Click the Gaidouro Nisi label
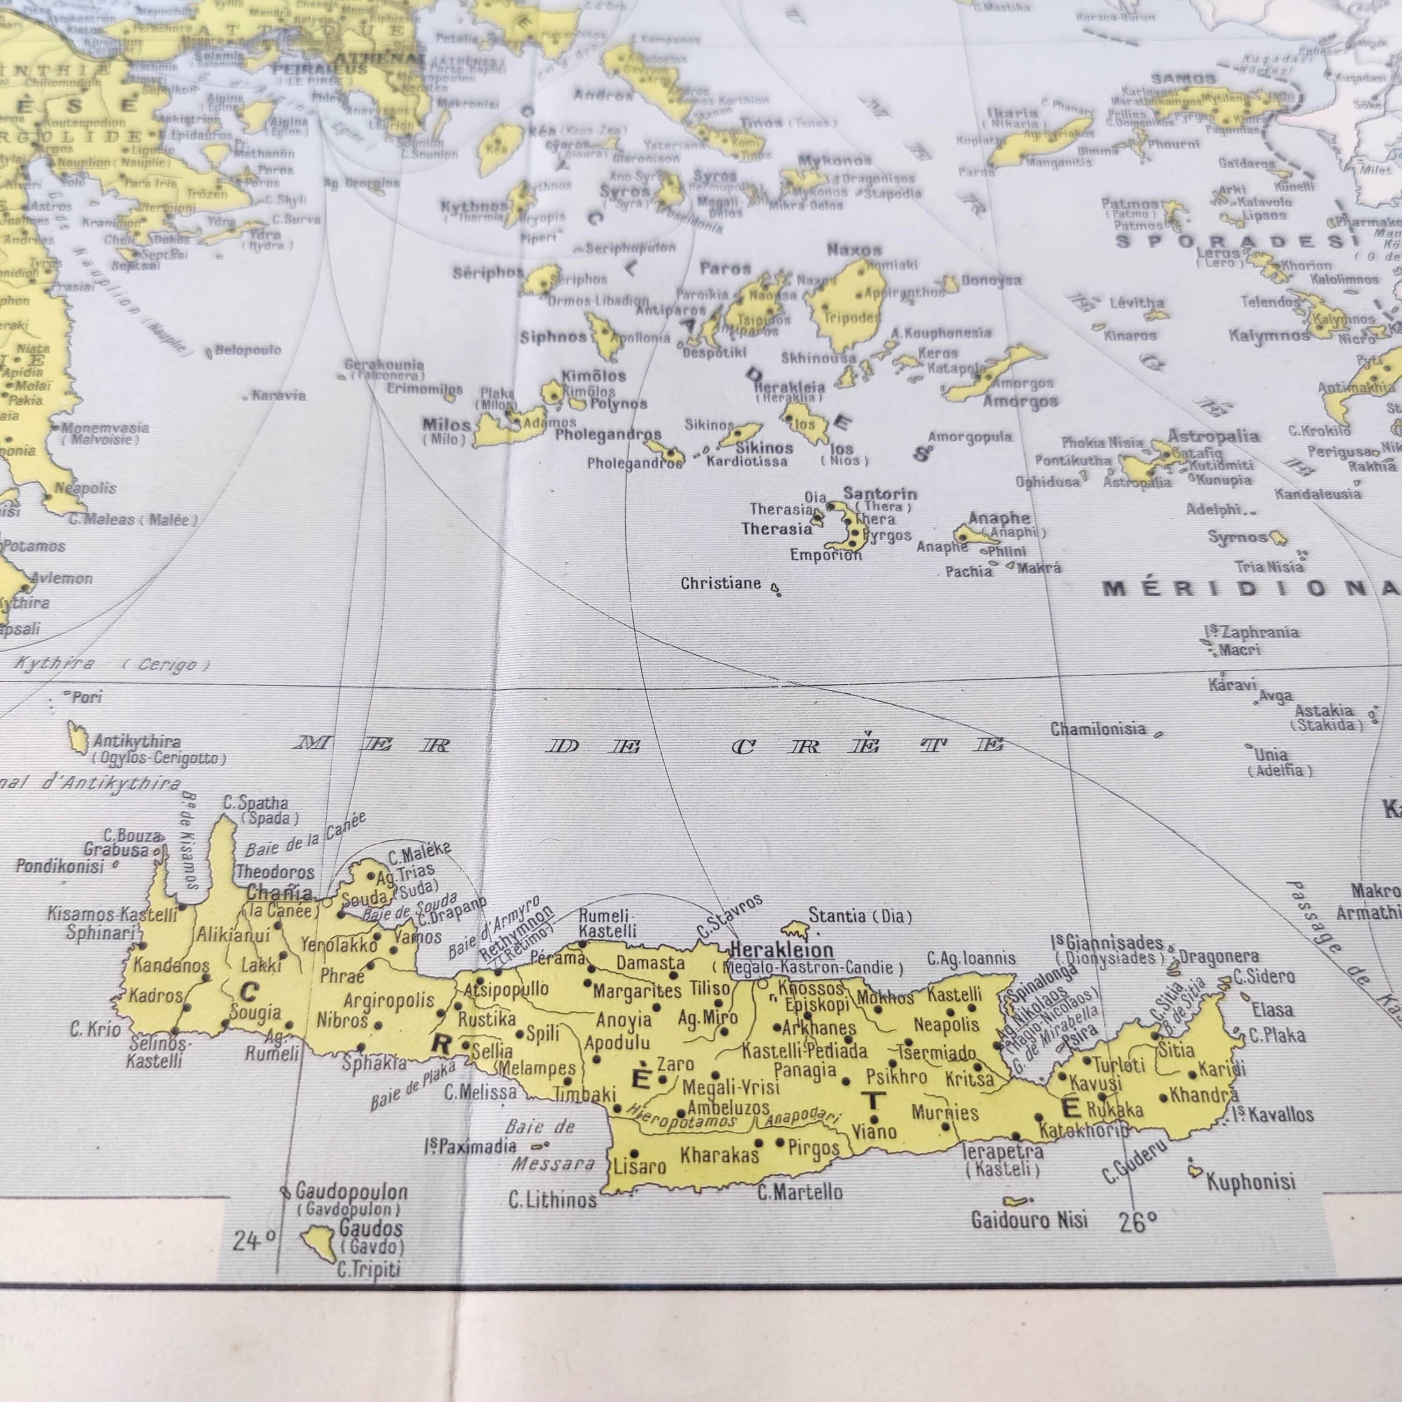coord(1029,1220)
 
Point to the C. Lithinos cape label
coord(552,1200)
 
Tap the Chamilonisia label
coord(1098,729)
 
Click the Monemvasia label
coord(105,428)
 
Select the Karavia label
coord(279,395)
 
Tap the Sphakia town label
coord(374,1064)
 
